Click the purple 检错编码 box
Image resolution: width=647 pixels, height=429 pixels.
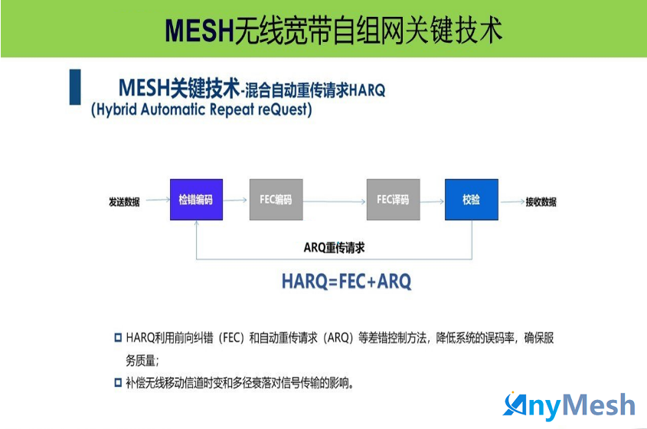(x=197, y=200)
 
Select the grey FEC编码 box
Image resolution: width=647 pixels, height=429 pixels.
(x=276, y=200)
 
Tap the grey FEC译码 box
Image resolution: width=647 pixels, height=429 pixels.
(x=394, y=200)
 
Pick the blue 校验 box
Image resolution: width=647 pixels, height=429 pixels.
(x=471, y=200)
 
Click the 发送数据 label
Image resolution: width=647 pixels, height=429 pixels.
(x=124, y=202)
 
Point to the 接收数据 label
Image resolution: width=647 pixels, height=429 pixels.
(x=541, y=202)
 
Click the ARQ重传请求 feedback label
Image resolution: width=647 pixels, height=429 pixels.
(x=335, y=248)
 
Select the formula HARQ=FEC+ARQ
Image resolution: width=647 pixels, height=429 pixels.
(x=346, y=281)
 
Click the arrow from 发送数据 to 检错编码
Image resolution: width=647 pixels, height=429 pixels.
(x=158, y=200)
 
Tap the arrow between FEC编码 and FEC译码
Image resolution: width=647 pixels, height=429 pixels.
(x=335, y=202)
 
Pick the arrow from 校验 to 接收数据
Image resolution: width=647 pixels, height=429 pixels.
(x=513, y=202)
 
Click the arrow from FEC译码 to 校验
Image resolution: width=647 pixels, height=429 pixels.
(x=433, y=202)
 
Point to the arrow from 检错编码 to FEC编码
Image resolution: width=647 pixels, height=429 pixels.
(x=235, y=200)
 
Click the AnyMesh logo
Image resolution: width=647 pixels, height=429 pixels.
(x=569, y=406)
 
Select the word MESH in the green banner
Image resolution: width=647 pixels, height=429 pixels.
(x=199, y=30)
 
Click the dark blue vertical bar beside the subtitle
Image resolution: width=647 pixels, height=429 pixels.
(x=75, y=87)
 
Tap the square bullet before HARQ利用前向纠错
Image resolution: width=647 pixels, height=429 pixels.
(x=118, y=338)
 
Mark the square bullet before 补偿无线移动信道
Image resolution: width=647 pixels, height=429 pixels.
(x=118, y=382)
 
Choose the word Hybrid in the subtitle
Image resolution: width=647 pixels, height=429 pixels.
(x=117, y=110)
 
